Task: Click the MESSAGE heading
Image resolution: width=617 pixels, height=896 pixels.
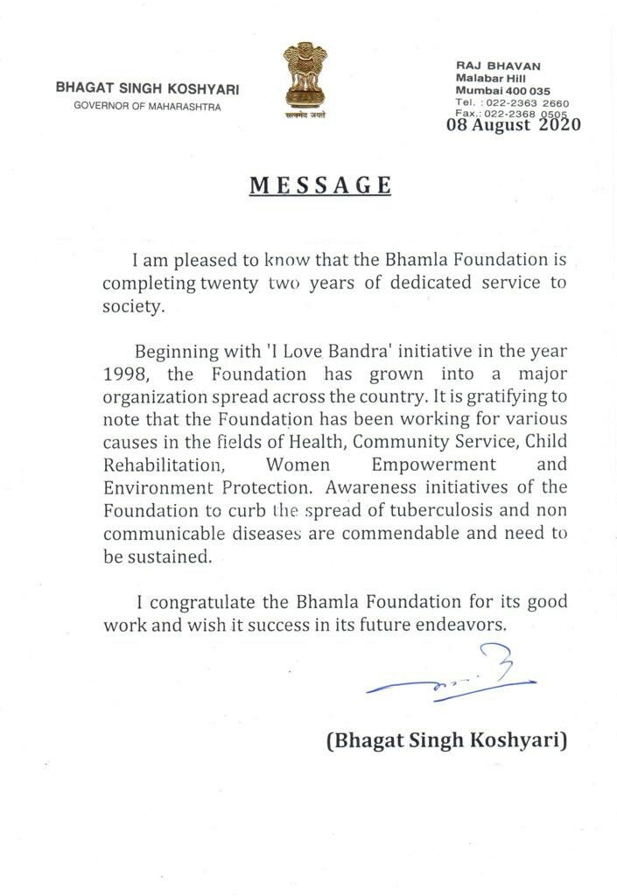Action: click(x=320, y=185)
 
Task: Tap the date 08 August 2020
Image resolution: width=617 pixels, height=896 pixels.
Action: click(x=514, y=125)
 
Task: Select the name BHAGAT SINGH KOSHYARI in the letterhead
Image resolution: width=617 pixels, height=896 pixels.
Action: click(x=147, y=88)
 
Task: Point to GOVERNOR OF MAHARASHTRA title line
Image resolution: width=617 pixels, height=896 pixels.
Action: click(x=148, y=106)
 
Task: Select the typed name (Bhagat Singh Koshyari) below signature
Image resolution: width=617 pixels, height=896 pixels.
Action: click(x=446, y=742)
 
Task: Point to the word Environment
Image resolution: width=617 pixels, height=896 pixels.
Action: click(x=158, y=487)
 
